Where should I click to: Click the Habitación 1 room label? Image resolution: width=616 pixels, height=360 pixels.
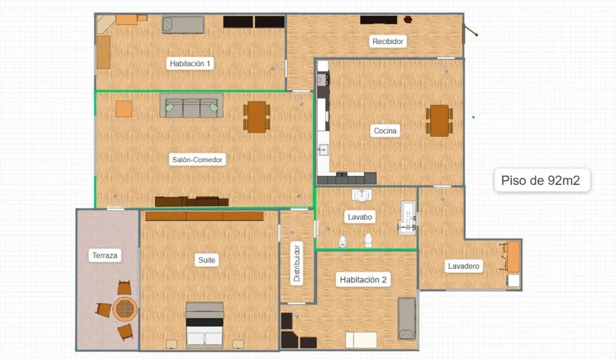(190, 64)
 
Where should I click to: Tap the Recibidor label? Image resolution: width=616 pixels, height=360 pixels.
(388, 41)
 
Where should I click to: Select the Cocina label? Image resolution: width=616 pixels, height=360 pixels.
(385, 131)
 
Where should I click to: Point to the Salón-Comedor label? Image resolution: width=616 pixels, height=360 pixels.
(197, 160)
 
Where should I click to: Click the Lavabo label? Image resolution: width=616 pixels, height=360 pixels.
(359, 217)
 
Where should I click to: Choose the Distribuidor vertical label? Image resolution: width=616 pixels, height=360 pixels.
(297, 264)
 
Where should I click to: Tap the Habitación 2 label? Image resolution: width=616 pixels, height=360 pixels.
(363, 280)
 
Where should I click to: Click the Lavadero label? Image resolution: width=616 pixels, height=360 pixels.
(464, 266)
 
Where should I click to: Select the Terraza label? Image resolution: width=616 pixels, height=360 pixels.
(105, 256)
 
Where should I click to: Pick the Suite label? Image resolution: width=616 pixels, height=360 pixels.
(206, 260)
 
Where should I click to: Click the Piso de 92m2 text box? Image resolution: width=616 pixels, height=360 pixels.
(542, 180)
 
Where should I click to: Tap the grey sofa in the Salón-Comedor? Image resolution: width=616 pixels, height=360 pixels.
(191, 106)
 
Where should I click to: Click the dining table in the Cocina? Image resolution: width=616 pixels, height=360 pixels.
(439, 120)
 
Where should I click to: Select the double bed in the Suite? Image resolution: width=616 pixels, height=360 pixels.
(205, 325)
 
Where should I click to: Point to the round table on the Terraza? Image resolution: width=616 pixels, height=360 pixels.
(125, 309)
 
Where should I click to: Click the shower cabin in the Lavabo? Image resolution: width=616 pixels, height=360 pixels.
(408, 218)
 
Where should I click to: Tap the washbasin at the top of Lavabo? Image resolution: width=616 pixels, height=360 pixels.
(362, 195)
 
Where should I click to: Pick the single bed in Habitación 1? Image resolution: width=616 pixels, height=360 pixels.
(183, 25)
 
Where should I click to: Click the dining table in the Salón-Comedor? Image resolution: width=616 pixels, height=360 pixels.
(257, 117)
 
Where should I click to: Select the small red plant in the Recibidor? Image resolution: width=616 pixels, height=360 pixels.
(408, 19)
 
